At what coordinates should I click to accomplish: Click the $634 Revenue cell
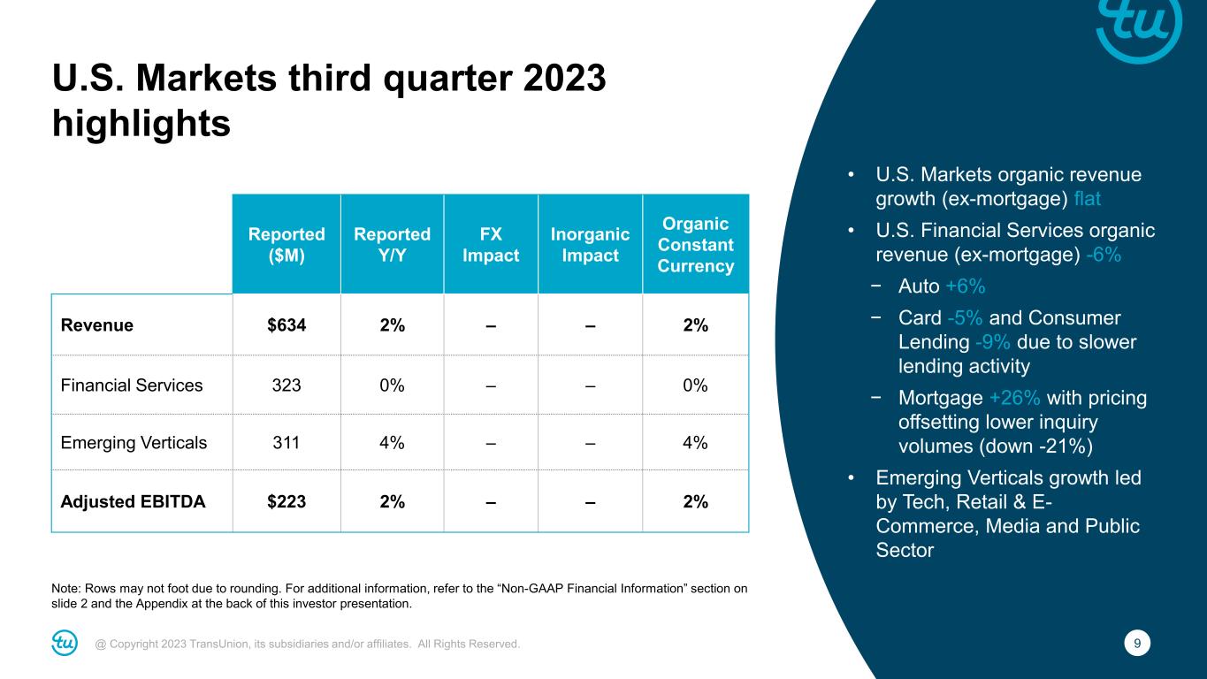tap(286, 324)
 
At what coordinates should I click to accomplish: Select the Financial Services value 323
tap(286, 385)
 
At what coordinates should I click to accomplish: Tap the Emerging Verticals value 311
tap(286, 443)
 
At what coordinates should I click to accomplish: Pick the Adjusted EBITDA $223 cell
tap(286, 501)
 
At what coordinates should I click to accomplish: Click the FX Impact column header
tap(491, 244)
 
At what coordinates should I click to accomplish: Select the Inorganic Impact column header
tap(590, 244)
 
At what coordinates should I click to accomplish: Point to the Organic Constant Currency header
tap(696, 244)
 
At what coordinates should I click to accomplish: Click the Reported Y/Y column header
tap(392, 244)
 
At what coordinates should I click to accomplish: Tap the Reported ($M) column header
tap(286, 244)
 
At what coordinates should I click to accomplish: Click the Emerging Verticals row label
tap(134, 443)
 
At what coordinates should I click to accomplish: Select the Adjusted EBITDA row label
tap(133, 501)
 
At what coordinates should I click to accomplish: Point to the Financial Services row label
tap(131, 385)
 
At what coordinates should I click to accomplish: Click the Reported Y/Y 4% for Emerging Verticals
tap(392, 443)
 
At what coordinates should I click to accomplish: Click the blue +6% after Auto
tap(965, 286)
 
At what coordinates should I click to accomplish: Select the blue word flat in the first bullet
tap(1087, 199)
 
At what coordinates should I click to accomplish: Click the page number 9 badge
tap(1139, 644)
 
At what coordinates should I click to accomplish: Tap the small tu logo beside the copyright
tap(65, 644)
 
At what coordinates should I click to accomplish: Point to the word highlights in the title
tap(141, 124)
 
